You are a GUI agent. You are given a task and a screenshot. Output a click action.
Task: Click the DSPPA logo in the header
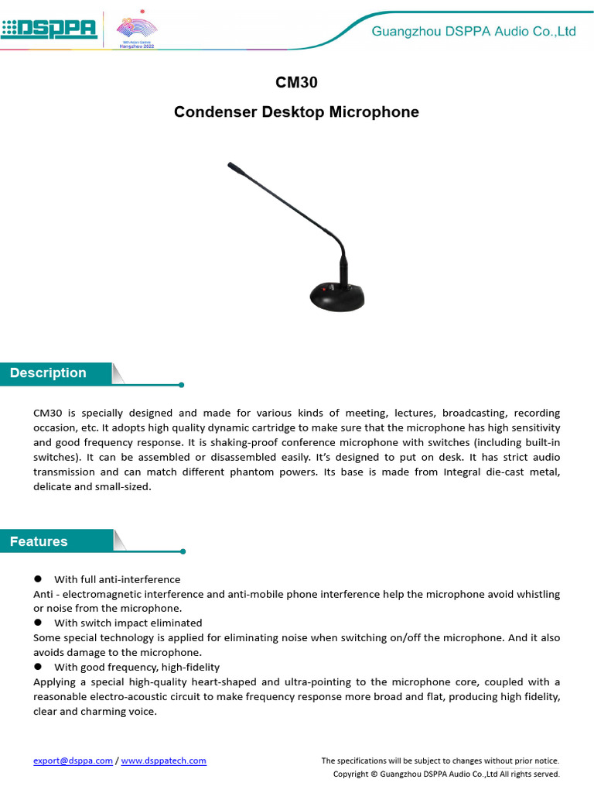(49, 29)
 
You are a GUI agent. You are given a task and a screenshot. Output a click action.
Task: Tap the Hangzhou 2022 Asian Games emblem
(136, 30)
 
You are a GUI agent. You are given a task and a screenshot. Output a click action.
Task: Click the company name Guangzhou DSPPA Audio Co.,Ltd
(473, 32)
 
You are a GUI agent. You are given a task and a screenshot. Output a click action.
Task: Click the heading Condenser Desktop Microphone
(296, 112)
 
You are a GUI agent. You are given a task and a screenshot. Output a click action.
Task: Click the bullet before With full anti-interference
(38, 579)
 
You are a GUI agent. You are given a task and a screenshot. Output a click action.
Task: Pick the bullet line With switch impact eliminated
(128, 623)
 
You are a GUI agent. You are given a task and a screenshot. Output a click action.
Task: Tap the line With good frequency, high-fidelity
(136, 667)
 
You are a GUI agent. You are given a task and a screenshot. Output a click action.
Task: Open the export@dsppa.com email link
(73, 760)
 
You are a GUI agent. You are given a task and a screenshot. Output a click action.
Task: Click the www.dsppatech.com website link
(163, 760)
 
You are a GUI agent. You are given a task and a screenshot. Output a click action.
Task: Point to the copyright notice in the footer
(445, 774)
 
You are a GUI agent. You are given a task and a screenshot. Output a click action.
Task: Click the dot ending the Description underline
(181, 384)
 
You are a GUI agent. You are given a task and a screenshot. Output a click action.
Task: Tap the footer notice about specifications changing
(440, 760)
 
